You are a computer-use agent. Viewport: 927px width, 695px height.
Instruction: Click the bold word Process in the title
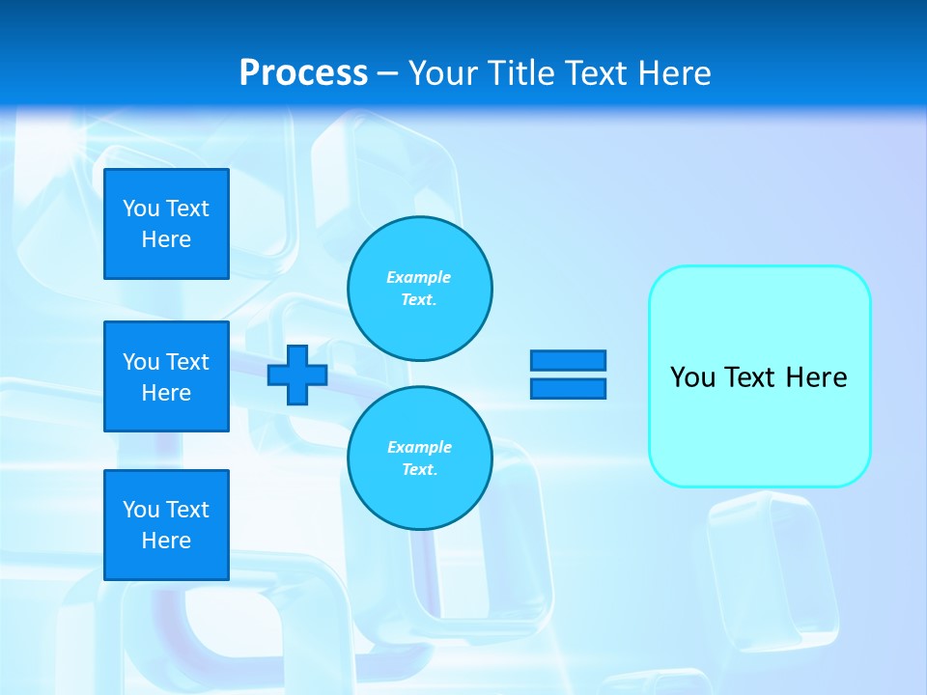click(x=303, y=73)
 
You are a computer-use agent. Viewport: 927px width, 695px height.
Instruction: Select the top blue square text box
click(x=166, y=224)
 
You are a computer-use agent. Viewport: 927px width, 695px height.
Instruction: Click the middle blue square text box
click(x=166, y=376)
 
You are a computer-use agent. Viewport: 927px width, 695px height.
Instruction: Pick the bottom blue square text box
click(x=166, y=525)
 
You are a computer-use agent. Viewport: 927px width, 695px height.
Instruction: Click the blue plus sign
click(x=297, y=375)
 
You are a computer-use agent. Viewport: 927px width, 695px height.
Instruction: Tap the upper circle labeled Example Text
click(x=420, y=289)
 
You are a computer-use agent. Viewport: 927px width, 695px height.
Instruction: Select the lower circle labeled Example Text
click(x=420, y=459)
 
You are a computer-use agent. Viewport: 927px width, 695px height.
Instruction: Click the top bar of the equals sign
click(x=569, y=361)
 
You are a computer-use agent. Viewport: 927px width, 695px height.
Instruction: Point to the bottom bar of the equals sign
click(x=569, y=388)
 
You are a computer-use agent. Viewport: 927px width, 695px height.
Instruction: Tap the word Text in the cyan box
click(x=750, y=377)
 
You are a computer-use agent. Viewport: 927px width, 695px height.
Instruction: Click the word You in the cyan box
click(x=691, y=377)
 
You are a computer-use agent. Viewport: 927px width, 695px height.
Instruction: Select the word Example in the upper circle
click(x=419, y=277)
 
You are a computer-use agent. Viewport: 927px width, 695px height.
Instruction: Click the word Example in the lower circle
click(x=419, y=447)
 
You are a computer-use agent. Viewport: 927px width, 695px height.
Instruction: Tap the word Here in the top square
click(x=166, y=239)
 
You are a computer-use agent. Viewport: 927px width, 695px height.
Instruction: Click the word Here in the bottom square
click(x=166, y=541)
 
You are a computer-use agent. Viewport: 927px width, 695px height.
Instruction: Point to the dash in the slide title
click(x=387, y=73)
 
